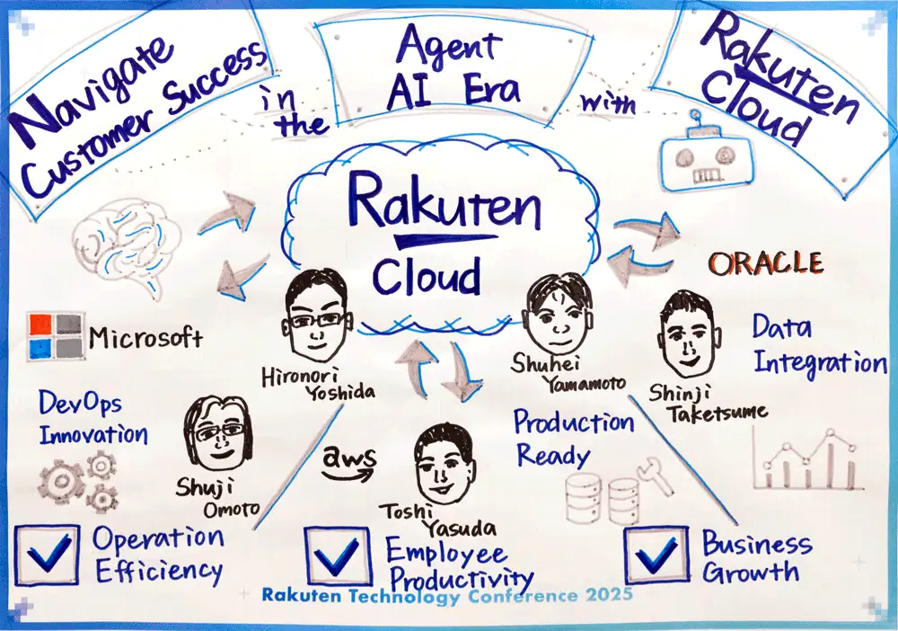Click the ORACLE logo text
point(766,263)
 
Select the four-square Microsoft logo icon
point(56,336)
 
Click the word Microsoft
point(145,338)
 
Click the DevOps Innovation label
point(93,418)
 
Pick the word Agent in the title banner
point(449,45)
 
